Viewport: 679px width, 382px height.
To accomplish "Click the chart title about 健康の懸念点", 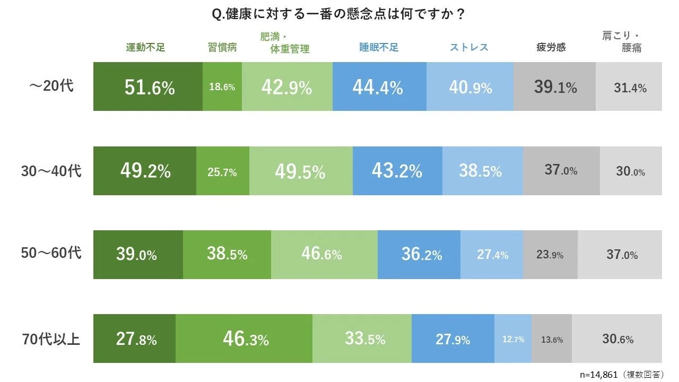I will [x=338, y=14].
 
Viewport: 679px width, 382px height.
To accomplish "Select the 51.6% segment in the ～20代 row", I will [x=148, y=87].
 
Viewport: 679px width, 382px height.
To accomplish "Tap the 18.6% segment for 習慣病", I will [x=222, y=87].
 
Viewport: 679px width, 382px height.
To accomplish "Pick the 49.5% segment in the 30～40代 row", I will [x=300, y=171].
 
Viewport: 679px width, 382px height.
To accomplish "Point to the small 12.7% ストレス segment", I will [x=513, y=339].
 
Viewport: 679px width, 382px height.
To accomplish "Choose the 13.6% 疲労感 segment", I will [x=552, y=339].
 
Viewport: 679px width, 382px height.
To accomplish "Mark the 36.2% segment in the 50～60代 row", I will [x=419, y=255].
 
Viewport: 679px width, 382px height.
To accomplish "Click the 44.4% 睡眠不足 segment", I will [x=379, y=87].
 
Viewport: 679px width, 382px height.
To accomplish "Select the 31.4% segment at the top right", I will [x=629, y=87].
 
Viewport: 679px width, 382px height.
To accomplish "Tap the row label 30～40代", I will [x=51, y=171].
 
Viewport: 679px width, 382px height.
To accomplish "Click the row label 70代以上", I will [x=51, y=338].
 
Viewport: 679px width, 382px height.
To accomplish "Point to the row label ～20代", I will [x=51, y=86].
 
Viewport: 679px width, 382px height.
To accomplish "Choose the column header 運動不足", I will [x=145, y=47].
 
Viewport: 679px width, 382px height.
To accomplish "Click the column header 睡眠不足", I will [x=379, y=47].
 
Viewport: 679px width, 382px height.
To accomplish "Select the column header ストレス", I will [x=469, y=47].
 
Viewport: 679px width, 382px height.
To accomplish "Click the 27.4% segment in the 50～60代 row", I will [x=492, y=255].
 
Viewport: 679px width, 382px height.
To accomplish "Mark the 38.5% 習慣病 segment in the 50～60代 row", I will [x=227, y=255].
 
